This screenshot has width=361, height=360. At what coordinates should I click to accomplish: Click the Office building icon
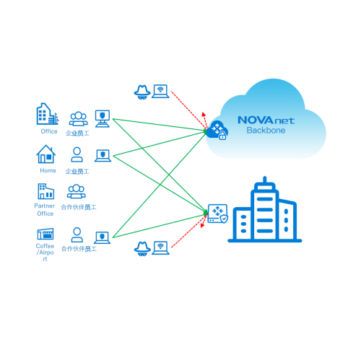(x=48, y=114)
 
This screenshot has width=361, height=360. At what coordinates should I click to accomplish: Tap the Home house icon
(x=46, y=154)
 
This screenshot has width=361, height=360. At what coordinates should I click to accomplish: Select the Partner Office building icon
(x=45, y=191)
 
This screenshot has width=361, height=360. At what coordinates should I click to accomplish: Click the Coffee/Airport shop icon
(x=45, y=234)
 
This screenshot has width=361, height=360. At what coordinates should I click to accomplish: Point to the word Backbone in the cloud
(x=266, y=131)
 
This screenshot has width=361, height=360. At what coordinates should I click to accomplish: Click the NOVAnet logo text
(x=266, y=120)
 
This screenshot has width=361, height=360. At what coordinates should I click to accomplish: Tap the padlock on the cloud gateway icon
(x=222, y=136)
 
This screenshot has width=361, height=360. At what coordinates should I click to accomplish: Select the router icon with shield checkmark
(x=218, y=214)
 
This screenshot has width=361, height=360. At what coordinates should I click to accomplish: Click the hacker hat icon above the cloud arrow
(x=142, y=92)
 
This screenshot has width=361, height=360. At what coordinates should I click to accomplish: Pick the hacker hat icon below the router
(x=142, y=249)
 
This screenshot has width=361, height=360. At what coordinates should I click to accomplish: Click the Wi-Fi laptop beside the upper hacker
(x=160, y=92)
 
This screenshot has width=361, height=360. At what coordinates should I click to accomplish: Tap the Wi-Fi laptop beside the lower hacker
(x=160, y=248)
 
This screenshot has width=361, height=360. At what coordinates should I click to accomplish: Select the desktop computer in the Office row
(x=103, y=118)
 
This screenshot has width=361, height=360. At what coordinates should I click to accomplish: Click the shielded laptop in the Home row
(x=103, y=156)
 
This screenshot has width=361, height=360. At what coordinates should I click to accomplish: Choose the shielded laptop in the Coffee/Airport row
(x=102, y=237)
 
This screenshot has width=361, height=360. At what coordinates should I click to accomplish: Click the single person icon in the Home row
(x=77, y=154)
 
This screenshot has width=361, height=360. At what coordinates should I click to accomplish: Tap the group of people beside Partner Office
(x=77, y=191)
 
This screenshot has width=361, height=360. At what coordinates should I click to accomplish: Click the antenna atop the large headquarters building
(x=265, y=180)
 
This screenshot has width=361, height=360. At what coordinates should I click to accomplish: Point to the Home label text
(x=48, y=170)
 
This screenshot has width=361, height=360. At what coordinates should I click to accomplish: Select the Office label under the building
(x=49, y=131)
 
